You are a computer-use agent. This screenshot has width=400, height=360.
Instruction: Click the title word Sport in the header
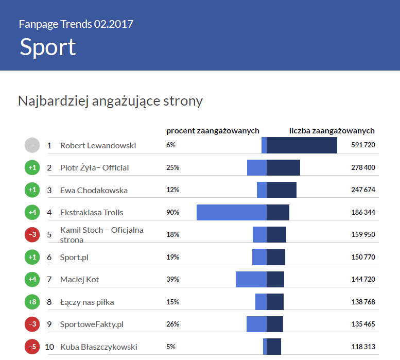click(x=48, y=47)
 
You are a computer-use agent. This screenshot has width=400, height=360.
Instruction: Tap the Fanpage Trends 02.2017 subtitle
click(x=76, y=24)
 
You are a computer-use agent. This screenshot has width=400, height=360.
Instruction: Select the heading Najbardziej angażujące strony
click(x=110, y=101)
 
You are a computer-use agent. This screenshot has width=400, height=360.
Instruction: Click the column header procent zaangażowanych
click(x=213, y=131)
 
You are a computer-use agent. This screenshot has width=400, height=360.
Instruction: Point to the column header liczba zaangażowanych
click(x=332, y=131)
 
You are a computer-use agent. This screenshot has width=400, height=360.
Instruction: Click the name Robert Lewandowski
click(x=98, y=145)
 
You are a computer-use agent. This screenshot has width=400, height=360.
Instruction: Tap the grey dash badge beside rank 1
click(x=32, y=145)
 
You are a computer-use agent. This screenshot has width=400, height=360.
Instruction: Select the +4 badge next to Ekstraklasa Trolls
click(x=32, y=212)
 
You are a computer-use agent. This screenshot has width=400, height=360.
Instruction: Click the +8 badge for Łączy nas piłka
click(x=32, y=302)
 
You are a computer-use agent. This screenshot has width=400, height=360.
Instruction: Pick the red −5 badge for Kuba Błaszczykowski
click(x=32, y=347)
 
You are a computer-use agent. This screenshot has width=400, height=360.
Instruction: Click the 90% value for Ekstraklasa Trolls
click(x=173, y=212)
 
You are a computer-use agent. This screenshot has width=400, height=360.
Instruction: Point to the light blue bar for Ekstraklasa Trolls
click(x=232, y=212)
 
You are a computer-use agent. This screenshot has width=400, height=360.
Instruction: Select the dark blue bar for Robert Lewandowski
click(x=302, y=145)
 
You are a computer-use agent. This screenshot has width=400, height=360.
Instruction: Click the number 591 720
click(x=363, y=145)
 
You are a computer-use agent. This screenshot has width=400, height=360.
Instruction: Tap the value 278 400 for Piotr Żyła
click(x=363, y=167)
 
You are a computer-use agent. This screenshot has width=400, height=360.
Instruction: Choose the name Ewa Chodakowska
click(x=94, y=190)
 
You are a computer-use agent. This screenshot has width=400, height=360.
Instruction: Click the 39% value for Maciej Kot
click(x=173, y=279)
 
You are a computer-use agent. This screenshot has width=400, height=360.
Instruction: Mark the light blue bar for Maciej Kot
click(x=251, y=279)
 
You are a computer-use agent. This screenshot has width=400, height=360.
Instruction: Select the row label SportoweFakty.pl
click(x=92, y=324)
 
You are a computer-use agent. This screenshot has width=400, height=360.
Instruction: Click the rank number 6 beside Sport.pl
click(x=49, y=257)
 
